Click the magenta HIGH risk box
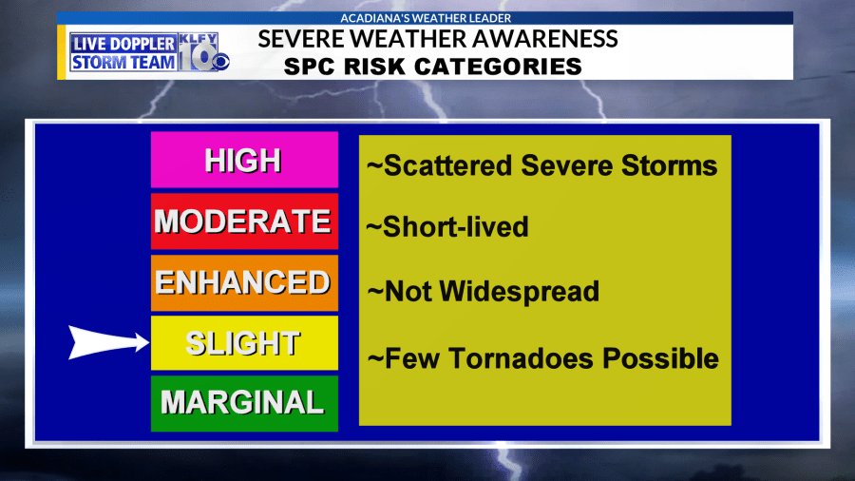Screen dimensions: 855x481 coord(244,160)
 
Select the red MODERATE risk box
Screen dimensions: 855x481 coord(244,221)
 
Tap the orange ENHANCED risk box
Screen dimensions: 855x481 coord(244,282)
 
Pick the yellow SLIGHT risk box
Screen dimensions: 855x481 coord(244,343)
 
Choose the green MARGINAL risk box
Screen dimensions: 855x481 coord(244,404)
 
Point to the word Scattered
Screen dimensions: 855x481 coord(448,165)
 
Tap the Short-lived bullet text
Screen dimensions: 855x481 coord(447,227)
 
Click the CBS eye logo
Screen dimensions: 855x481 coord(220,62)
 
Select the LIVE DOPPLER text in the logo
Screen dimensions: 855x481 coord(123,44)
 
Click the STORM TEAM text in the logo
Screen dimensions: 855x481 coord(123,62)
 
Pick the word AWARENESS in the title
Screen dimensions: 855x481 coord(545,39)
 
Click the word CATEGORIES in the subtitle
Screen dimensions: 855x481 coord(499,67)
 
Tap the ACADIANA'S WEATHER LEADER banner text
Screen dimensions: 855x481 coord(426,18)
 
